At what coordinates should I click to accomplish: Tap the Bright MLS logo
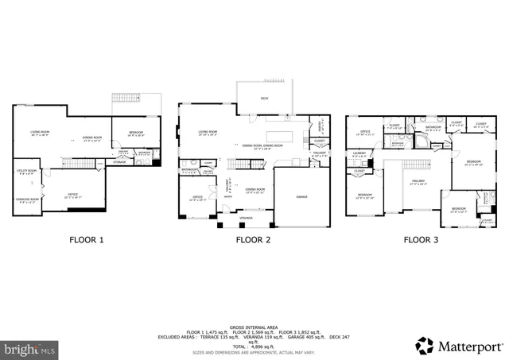coord(29,348)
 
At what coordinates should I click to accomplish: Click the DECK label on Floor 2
coord(264,99)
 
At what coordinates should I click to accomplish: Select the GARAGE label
coord(301,195)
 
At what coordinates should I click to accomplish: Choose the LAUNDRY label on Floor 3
coord(359,154)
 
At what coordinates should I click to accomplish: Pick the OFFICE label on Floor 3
coord(365,132)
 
